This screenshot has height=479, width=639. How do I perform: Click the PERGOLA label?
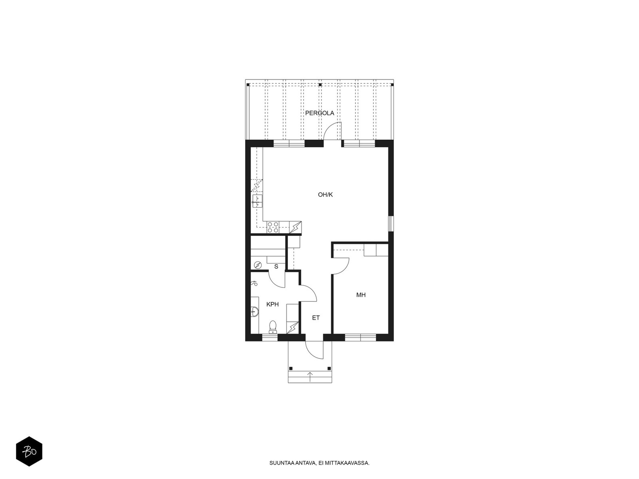319,113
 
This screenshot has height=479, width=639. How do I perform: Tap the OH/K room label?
325,195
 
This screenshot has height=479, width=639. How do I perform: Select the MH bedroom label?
361,295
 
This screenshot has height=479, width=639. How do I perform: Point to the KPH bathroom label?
272,304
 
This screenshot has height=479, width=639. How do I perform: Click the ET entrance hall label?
316,318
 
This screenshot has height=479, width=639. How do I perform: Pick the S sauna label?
276,266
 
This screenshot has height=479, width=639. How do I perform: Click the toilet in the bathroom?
273,327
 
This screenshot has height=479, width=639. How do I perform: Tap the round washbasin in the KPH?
254,311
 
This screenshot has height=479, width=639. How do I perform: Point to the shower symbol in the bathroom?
254,283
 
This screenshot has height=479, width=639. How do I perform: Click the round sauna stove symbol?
258,265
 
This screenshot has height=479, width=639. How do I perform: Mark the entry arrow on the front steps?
310,377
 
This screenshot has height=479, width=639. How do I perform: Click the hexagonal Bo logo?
29,451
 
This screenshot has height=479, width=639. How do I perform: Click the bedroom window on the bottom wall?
360,338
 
